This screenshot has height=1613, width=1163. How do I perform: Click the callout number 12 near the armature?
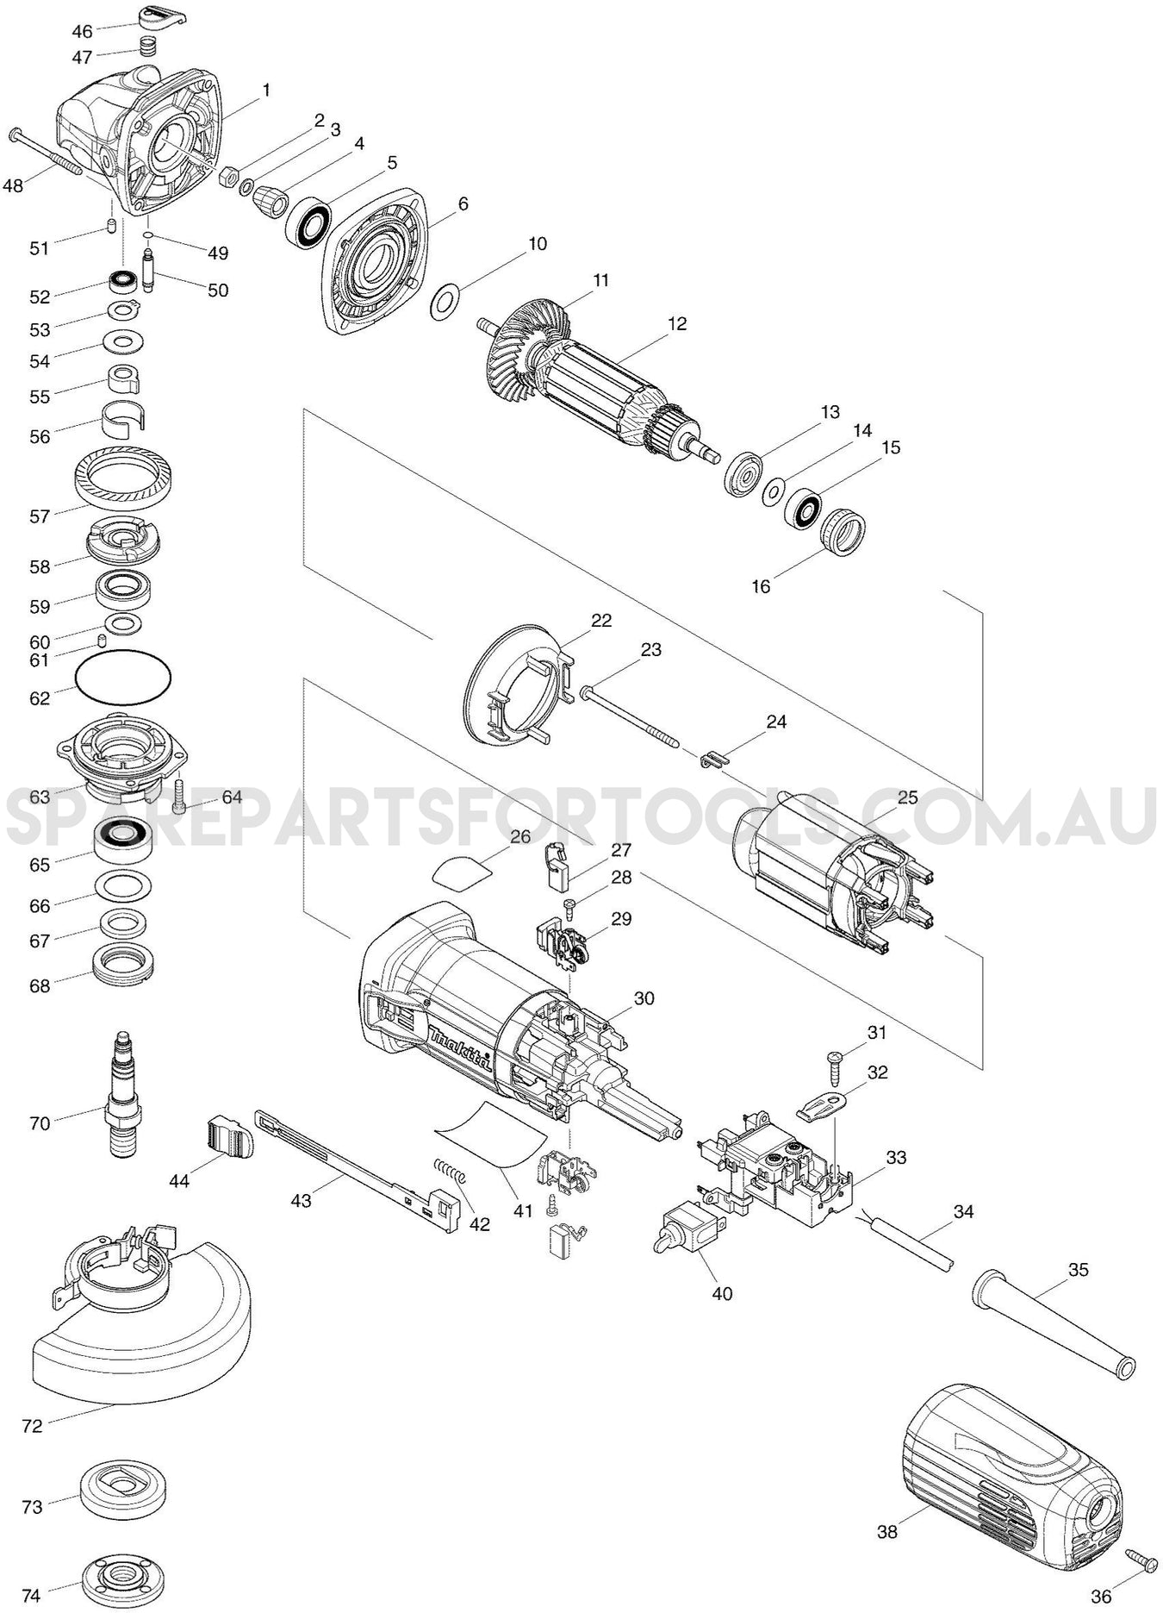pyautogui.click(x=677, y=323)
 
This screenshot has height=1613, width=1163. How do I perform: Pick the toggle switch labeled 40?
pyautogui.click(x=686, y=1233)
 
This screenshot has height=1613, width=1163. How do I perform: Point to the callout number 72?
pyautogui.click(x=32, y=1426)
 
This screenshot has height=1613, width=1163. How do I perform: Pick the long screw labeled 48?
pyautogui.click(x=47, y=153)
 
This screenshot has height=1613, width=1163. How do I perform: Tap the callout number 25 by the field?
pyautogui.click(x=908, y=797)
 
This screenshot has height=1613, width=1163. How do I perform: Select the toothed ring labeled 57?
pyautogui.click(x=123, y=477)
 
